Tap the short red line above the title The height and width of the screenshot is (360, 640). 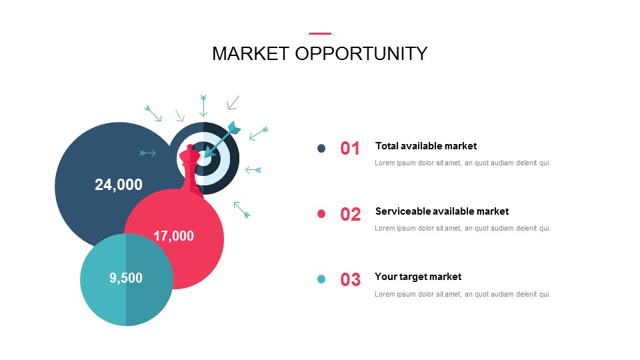[320, 33]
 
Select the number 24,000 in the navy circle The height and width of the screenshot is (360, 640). [119, 185]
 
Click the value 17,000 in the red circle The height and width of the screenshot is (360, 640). [173, 236]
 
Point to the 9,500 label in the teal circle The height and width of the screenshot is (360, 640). [126, 278]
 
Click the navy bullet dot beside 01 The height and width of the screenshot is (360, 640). [321, 148]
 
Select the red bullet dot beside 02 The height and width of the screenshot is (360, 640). [321, 213]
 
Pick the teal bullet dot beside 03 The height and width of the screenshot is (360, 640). [321, 279]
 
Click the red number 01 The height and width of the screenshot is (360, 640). [350, 149]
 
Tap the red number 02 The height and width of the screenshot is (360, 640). [350, 214]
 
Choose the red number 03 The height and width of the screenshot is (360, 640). [350, 279]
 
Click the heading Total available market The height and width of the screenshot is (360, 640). [426, 146]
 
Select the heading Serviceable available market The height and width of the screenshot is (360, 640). [442, 211]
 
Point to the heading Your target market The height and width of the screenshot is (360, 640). [418, 277]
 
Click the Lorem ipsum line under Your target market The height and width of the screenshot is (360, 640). [463, 294]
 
